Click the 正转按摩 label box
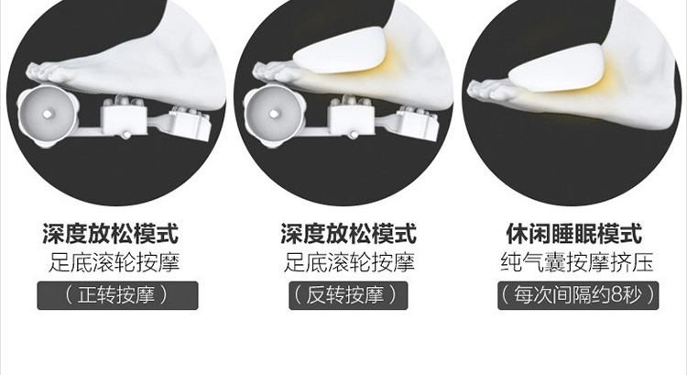coord(117,295)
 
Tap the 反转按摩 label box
coord(348,295)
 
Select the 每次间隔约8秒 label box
coord(578,295)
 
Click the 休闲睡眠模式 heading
coord(574,233)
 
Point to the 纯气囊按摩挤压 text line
coord(577,262)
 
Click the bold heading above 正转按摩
coord(111,233)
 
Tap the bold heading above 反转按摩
coord(348,233)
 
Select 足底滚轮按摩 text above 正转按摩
coord(114,262)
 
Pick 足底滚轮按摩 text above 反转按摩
coord(349,262)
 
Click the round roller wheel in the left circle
coord(48,114)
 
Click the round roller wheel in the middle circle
coord(275,114)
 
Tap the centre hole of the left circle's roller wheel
coord(48,114)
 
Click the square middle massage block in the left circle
coord(124,119)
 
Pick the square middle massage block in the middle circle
coord(351,119)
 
